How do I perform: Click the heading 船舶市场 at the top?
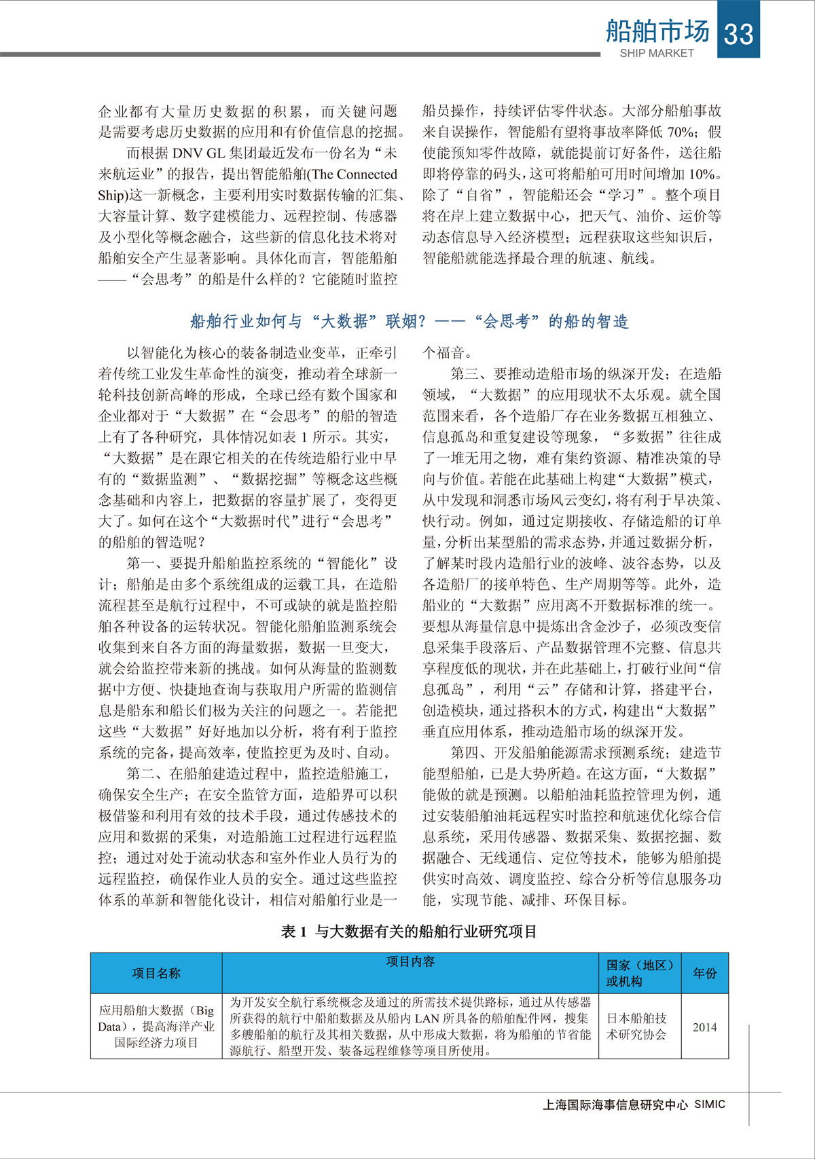tap(657, 31)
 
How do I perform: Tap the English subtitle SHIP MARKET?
tap(657, 53)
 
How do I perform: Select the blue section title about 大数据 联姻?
tap(409, 321)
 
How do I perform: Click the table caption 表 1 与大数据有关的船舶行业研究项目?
tap(409, 932)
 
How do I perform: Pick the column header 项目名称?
tap(156, 973)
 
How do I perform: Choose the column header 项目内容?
tap(410, 961)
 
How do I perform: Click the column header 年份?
tap(704, 973)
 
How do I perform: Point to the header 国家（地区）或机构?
tap(639, 973)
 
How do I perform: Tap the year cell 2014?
tap(704, 1027)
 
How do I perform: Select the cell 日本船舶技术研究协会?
tap(636, 1027)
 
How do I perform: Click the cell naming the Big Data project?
tap(156, 1027)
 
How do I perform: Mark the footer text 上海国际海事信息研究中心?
tap(615, 1105)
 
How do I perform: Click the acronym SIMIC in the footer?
tap(710, 1104)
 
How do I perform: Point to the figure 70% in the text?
tap(681, 132)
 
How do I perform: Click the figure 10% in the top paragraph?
tap(702, 174)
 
